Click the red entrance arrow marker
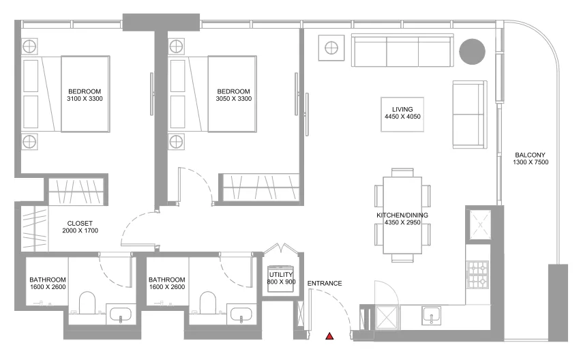[x=330, y=336]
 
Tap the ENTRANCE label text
[x=325, y=284]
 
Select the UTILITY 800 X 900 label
[x=280, y=277]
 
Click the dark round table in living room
[x=471, y=51]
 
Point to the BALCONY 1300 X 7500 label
[x=531, y=159]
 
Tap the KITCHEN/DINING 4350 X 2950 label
[x=402, y=219]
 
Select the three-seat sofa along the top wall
[x=402, y=52]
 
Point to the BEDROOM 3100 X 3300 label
[x=85, y=95]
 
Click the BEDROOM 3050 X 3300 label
[x=234, y=95]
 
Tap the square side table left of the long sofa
[x=331, y=48]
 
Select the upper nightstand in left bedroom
[x=30, y=46]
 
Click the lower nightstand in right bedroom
[x=177, y=142]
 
